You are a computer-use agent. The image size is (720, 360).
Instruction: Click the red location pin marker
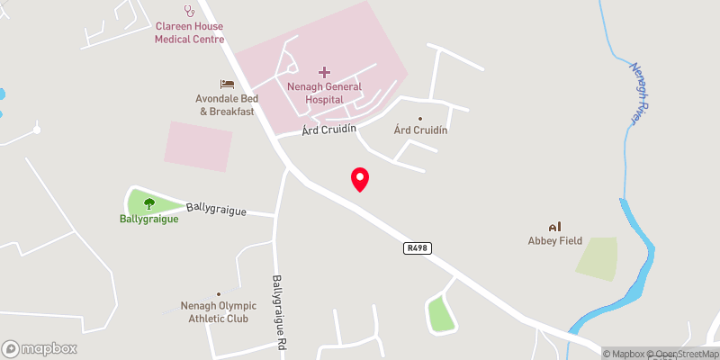pyautogui.click(x=360, y=178)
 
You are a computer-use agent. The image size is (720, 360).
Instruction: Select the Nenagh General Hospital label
pyautogui.click(x=324, y=93)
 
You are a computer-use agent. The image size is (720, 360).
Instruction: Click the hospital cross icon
pyautogui.click(x=324, y=71)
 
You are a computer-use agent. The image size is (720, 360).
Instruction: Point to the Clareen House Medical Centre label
pyautogui.click(x=189, y=33)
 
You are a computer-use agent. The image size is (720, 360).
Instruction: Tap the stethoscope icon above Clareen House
pyautogui.click(x=189, y=11)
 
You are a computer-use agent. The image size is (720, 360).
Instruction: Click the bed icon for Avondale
pyautogui.click(x=227, y=84)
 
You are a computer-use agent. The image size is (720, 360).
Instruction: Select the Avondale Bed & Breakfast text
pyautogui.click(x=227, y=105)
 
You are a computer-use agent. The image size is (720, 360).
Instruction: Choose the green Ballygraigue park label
pyautogui.click(x=148, y=219)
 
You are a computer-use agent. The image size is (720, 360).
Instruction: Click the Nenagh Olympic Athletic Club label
pyautogui.click(x=218, y=311)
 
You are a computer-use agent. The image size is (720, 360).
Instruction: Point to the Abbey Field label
pyautogui.click(x=555, y=240)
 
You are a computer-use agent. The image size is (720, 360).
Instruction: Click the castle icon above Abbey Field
pyautogui.click(x=554, y=226)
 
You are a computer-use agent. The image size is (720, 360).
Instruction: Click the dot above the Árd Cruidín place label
pyautogui.click(x=419, y=118)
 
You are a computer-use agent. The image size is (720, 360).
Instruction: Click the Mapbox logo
pyautogui.click(x=40, y=348)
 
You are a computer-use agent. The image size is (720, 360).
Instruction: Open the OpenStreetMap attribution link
pyautogui.click(x=681, y=354)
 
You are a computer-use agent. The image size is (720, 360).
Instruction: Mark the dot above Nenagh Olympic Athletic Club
pyautogui.click(x=218, y=293)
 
